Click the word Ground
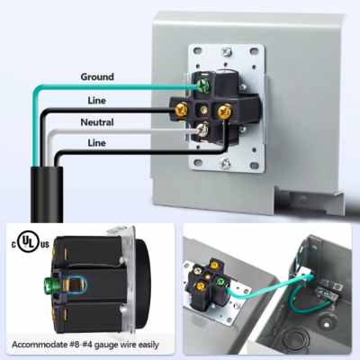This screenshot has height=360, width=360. point(96,77)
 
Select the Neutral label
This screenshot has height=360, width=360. point(96,122)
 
